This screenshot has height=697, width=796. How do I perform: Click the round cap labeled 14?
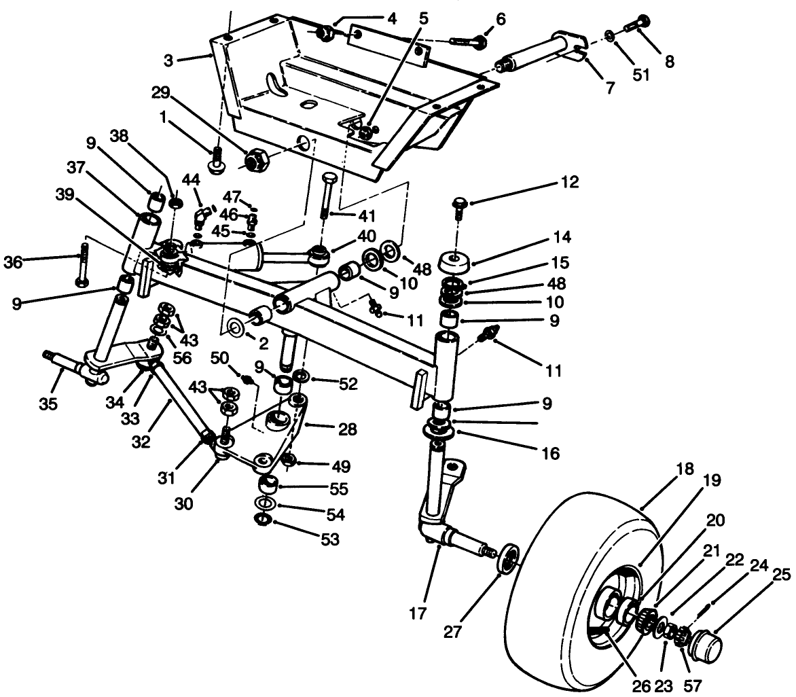pyautogui.click(x=455, y=262)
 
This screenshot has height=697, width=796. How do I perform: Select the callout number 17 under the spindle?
pyautogui.click(x=418, y=613)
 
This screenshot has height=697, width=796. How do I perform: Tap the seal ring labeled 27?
pyautogui.click(x=506, y=559)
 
